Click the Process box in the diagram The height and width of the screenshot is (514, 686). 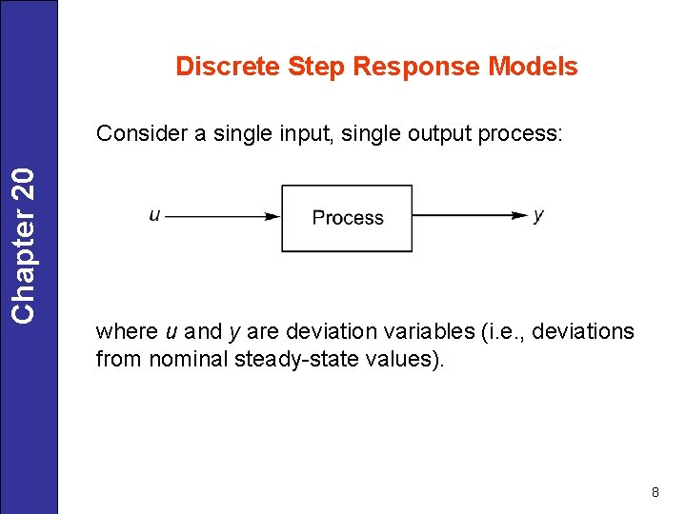[347, 218]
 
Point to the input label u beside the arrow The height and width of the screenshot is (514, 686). [154, 216]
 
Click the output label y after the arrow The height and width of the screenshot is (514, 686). [538, 216]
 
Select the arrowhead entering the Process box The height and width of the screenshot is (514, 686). [272, 217]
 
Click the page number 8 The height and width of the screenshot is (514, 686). [655, 492]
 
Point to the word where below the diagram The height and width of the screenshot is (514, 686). [127, 331]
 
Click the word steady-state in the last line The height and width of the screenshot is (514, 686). [292, 361]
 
